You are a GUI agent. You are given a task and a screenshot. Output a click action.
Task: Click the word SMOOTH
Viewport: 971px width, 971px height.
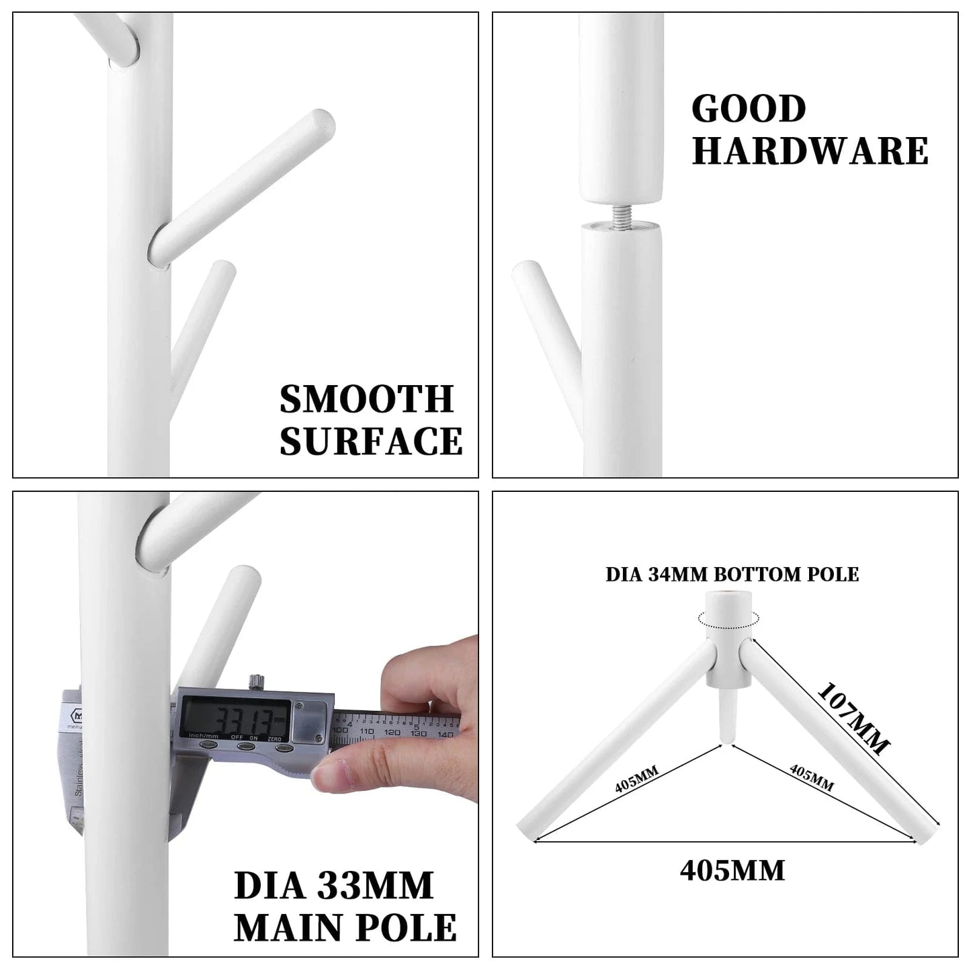click(x=367, y=399)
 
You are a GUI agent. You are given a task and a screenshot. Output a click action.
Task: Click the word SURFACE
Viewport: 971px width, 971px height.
click(x=371, y=441)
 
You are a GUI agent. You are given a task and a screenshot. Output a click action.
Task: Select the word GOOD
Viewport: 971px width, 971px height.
click(x=749, y=109)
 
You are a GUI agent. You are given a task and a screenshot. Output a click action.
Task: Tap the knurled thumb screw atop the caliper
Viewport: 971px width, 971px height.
click(x=255, y=681)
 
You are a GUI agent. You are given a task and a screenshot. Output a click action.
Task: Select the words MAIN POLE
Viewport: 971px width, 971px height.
click(x=345, y=927)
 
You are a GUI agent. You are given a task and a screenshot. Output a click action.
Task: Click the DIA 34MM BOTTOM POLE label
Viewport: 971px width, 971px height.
click(x=732, y=574)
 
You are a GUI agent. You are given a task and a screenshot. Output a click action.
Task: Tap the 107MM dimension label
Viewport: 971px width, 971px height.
click(x=853, y=719)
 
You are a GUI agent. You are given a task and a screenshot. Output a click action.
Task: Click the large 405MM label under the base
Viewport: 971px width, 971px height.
click(x=732, y=871)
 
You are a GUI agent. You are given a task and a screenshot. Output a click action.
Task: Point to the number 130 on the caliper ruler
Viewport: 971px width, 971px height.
click(x=419, y=732)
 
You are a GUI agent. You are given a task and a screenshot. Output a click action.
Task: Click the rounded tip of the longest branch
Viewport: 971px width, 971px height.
click(x=321, y=122)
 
